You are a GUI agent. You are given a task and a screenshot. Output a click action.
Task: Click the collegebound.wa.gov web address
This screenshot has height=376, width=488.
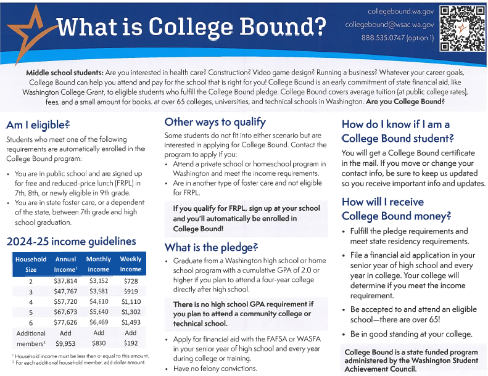401,12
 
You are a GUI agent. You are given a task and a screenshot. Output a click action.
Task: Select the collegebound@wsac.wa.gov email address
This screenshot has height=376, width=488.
390,25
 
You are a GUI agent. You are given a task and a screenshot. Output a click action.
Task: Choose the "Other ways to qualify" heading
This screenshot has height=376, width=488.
215,121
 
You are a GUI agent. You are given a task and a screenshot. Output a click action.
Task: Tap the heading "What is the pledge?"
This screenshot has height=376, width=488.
211,247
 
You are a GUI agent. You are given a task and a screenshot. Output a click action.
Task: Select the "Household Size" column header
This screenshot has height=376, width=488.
30,264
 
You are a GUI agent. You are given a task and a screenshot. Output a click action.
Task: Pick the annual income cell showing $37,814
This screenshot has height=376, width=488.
65,281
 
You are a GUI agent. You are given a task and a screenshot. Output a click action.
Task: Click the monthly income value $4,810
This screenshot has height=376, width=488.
98,302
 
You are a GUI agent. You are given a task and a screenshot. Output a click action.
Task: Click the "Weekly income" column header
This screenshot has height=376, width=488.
131,264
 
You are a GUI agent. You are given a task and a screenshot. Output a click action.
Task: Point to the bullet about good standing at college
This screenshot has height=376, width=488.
411,334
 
